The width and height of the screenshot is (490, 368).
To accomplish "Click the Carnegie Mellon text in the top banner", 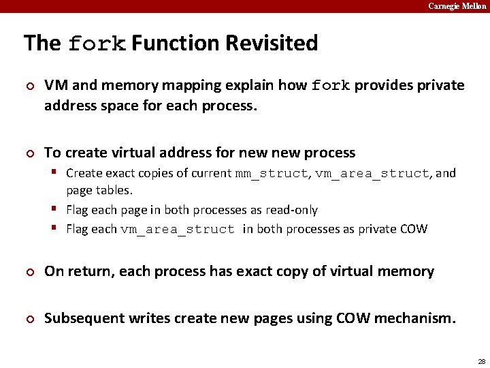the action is point(457,6).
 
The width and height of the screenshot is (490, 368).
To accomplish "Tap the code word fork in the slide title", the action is point(97,44).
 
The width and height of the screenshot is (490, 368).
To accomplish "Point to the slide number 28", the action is point(481,361).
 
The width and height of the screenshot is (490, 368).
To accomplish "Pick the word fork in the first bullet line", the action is point(331,87).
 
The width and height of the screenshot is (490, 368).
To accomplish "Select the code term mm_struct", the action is point(272,174).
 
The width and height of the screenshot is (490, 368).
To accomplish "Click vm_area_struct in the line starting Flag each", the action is point(178,230).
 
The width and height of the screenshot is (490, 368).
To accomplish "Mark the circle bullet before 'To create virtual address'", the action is point(29,153).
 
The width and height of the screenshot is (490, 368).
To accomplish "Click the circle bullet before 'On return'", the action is point(29,272).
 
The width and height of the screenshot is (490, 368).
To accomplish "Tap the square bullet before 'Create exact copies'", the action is point(57,172).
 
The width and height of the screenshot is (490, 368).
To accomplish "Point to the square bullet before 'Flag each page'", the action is point(57,209).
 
